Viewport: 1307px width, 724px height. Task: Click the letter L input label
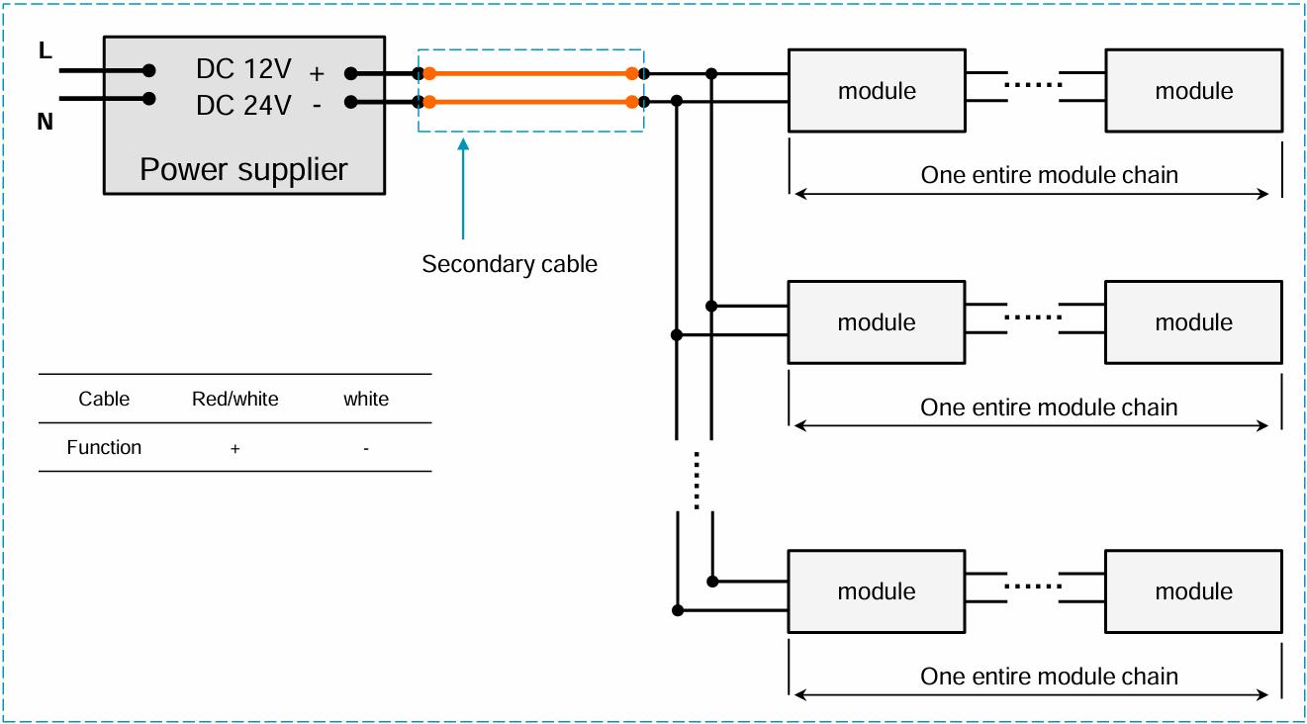[x=46, y=50]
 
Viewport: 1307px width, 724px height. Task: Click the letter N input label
[x=45, y=122]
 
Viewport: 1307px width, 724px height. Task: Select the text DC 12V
[x=243, y=69]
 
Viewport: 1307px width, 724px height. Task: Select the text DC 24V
[x=243, y=106]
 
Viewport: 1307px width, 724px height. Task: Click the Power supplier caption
[x=243, y=169]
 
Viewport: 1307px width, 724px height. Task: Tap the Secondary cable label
[x=510, y=264]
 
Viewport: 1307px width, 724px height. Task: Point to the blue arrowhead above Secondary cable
[x=463, y=144]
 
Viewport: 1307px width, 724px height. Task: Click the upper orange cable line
[x=530, y=73]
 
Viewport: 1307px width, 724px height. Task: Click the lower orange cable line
[x=530, y=102]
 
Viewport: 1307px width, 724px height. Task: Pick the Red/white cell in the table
[x=235, y=399]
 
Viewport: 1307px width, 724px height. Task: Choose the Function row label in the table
[x=104, y=447]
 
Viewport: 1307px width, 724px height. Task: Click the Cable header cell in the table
[x=104, y=399]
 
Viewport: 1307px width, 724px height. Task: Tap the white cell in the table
[x=366, y=399]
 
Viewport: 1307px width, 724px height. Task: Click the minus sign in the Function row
[x=366, y=449]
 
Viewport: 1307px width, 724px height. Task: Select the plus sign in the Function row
[x=235, y=449]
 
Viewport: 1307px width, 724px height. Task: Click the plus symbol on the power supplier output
[x=317, y=74]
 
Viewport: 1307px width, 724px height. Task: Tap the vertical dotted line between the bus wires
[x=697, y=480]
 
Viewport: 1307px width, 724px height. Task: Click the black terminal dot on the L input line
[x=149, y=70]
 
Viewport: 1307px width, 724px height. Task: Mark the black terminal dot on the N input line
[x=149, y=99]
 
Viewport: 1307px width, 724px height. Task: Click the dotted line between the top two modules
[x=1033, y=85]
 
